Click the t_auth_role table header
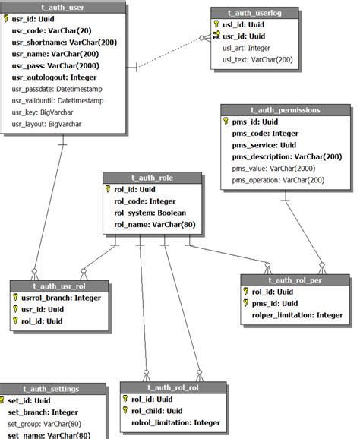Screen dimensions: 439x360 click(152, 178)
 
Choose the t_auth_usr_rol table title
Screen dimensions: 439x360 click(58, 286)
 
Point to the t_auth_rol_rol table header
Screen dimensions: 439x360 click(163, 387)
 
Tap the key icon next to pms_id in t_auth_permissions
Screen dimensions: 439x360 click(226, 122)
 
